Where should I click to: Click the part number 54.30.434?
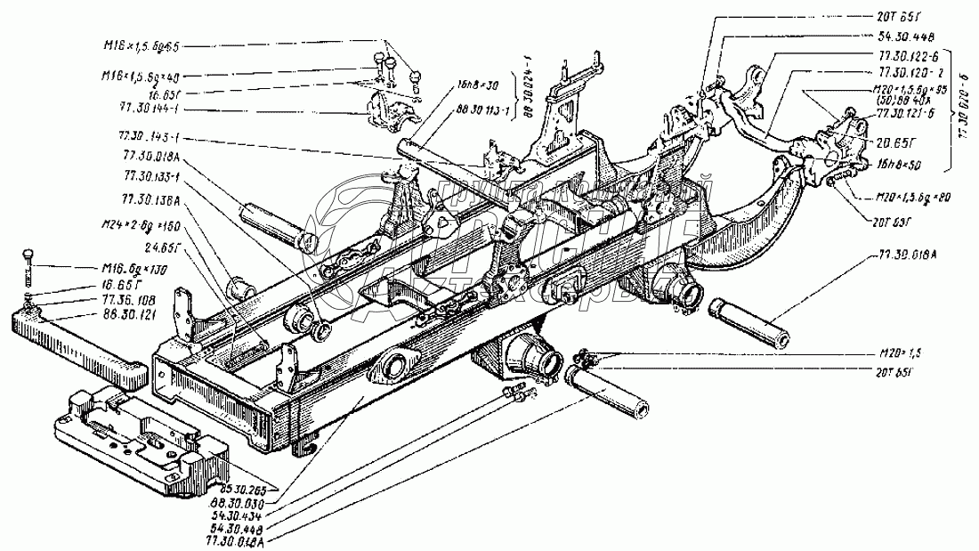coord(239,514)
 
